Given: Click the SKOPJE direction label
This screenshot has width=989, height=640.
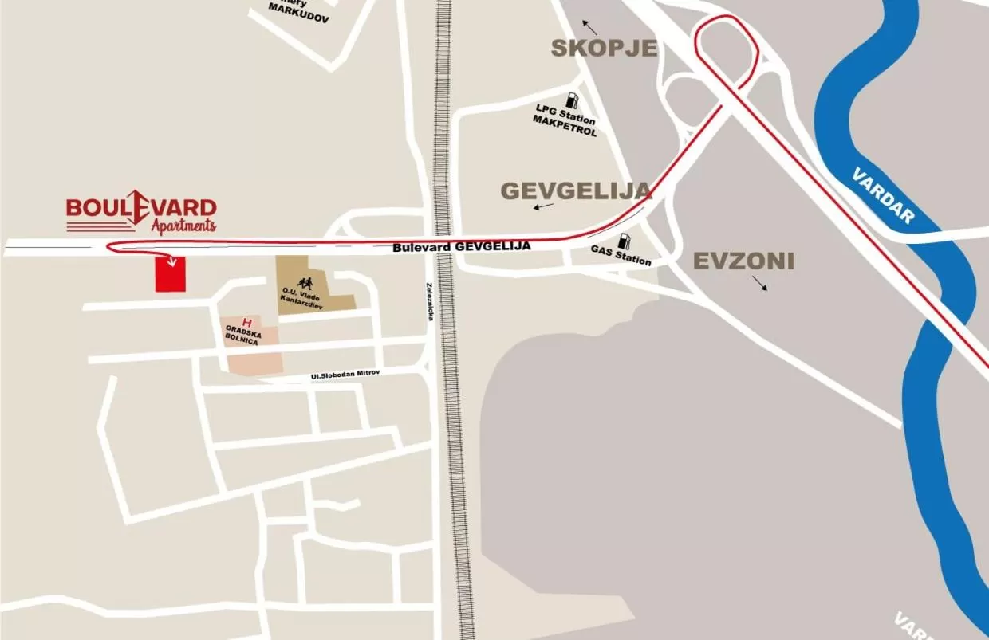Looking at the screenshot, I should [x=605, y=48].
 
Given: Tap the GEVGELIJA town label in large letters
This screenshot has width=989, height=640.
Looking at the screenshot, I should [x=576, y=190].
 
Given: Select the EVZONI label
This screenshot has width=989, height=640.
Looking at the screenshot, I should [x=743, y=261].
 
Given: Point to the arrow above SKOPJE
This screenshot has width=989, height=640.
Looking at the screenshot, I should [x=588, y=24].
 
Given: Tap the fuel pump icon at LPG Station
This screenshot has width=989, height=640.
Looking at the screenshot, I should [x=571, y=100].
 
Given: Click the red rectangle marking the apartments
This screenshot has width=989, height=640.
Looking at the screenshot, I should [x=169, y=274].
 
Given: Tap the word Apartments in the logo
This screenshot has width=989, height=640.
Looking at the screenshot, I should [x=183, y=226].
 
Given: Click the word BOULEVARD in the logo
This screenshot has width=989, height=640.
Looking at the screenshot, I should [x=141, y=206].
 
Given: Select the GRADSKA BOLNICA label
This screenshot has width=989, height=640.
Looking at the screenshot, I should [x=242, y=335].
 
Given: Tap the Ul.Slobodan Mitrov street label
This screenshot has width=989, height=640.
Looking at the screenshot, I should [x=345, y=375].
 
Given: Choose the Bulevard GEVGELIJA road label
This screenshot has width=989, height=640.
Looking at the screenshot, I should [x=461, y=247].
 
